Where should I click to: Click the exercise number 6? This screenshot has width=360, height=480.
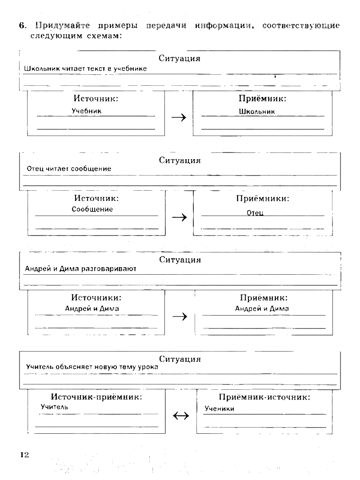tap(21, 26)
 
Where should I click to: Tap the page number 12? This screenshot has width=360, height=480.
tap(24, 454)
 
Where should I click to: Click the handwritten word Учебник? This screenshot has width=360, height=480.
tap(87, 111)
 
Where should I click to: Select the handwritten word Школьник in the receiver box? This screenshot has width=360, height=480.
tap(257, 112)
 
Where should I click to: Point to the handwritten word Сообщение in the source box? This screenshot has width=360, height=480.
tap(92, 209)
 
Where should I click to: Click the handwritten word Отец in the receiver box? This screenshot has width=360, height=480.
tap(255, 213)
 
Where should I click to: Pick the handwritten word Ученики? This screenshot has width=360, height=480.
tap(219, 409)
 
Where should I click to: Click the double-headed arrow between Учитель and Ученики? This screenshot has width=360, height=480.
tap(180, 416)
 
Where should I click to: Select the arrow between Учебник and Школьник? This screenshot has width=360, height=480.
tap(179, 117)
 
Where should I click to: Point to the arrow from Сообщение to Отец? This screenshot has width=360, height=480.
tap(179, 217)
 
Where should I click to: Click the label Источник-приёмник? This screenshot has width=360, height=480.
tap(96, 397)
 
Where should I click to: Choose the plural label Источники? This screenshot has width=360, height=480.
tap(96, 297)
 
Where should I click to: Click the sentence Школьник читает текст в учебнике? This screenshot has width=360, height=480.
tap(86, 69)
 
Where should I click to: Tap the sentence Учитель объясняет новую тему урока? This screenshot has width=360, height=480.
tap(92, 367)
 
